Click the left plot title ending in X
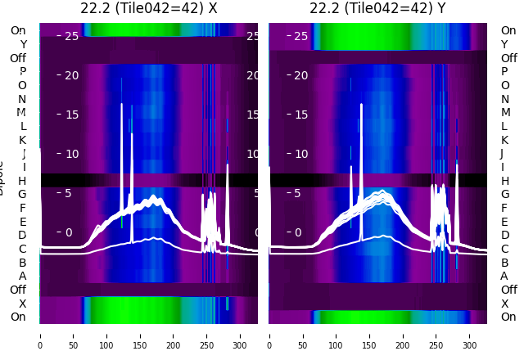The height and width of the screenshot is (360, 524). pyautogui.click(x=149, y=8)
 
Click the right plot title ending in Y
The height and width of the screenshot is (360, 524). pyautogui.click(x=378, y=8)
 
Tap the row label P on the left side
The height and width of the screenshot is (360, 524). pyautogui.click(x=23, y=72)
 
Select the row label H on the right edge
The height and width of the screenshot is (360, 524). pyautogui.click(x=504, y=181)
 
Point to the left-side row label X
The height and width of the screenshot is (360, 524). pyautogui.click(x=23, y=304)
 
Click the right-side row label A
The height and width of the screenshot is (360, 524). pyautogui.click(x=504, y=276)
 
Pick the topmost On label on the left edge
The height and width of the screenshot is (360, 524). pyautogui.click(x=18, y=30)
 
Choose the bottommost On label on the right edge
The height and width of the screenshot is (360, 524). pyautogui.click(x=508, y=317)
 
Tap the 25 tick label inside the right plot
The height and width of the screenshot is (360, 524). pyautogui.click(x=300, y=36)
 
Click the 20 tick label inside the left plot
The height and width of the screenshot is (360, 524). pyautogui.click(x=71, y=75)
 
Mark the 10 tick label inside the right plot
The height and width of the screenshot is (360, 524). pyautogui.click(x=300, y=154)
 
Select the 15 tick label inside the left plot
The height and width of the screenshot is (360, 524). pyautogui.click(x=71, y=115)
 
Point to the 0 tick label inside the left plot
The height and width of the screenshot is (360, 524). pyautogui.click(x=68, y=232)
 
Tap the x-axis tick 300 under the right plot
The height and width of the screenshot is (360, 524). pyautogui.click(x=469, y=335)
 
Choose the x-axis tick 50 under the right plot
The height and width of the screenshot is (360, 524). pyautogui.click(x=302, y=335)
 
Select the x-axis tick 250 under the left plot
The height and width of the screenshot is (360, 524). pyautogui.click(x=206, y=335)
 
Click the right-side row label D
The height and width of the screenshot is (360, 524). pyautogui.click(x=504, y=235)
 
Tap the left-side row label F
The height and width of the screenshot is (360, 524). pyautogui.click(x=23, y=208)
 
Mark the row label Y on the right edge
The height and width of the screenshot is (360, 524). pyautogui.click(x=504, y=44)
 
